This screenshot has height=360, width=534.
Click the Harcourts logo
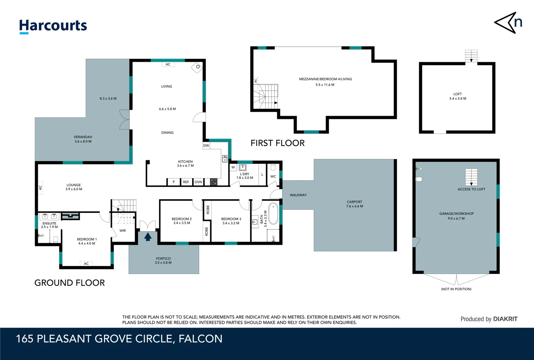[53, 26]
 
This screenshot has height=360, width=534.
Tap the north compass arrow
[508, 23]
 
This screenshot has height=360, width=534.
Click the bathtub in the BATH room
[273, 214]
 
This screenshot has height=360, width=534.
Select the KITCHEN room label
[185, 162]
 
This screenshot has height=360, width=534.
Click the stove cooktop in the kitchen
[213, 182]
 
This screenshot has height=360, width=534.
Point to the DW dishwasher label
[206, 146]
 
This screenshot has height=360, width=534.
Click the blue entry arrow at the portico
[148, 237]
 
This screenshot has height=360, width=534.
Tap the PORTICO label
[163, 258]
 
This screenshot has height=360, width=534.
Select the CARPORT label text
[354, 202]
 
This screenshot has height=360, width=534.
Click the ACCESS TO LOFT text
[471, 189]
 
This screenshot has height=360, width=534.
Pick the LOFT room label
[458, 94]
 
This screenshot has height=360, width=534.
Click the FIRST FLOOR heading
[277, 143]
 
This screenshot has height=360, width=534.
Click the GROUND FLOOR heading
[70, 283]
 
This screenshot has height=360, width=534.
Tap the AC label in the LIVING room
[168, 64]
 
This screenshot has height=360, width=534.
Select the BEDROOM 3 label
[231, 219]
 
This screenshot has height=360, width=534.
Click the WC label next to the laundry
[273, 176]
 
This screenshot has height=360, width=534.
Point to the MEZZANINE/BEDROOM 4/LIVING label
[325, 79]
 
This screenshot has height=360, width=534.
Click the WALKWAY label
[298, 195]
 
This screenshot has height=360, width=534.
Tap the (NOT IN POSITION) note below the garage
[456, 289]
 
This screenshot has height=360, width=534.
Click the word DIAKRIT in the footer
[505, 319]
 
